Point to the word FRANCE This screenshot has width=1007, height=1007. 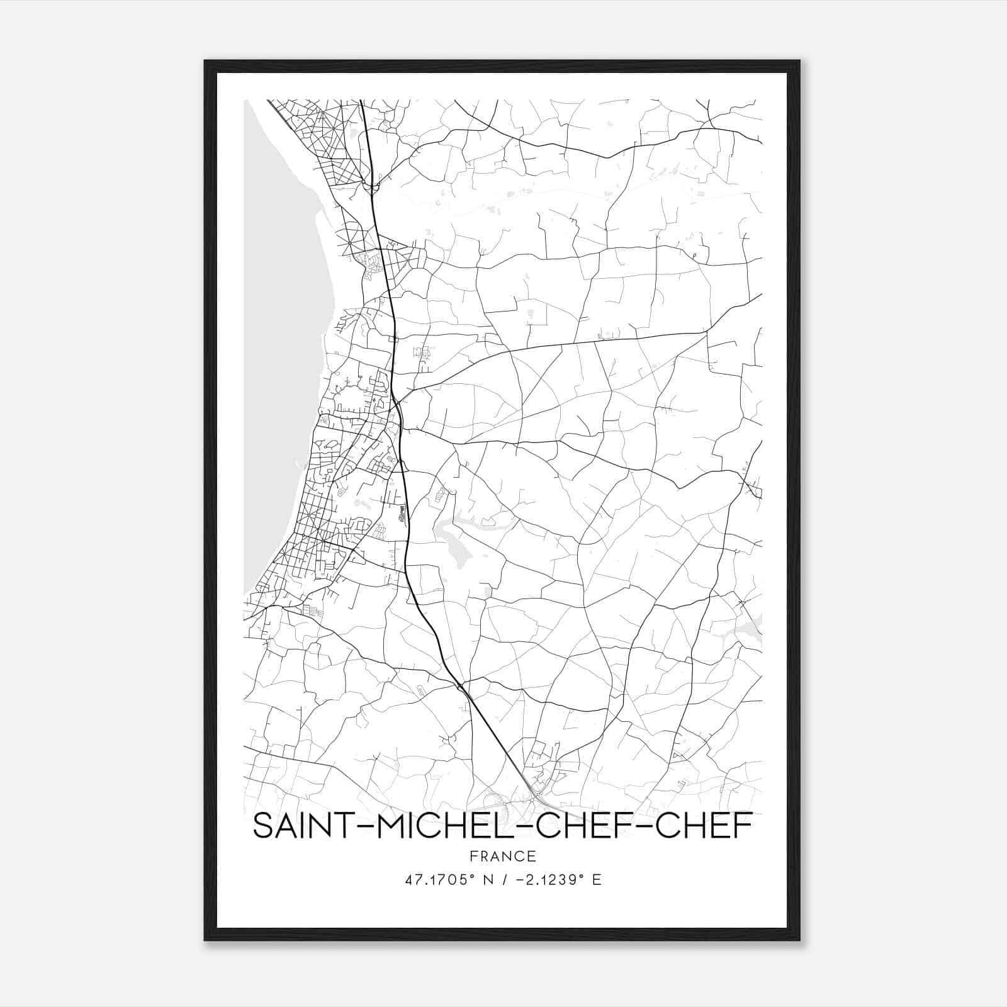pos(502,856)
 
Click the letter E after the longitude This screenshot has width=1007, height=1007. pos(596,879)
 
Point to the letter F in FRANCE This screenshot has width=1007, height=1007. pos(473,856)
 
